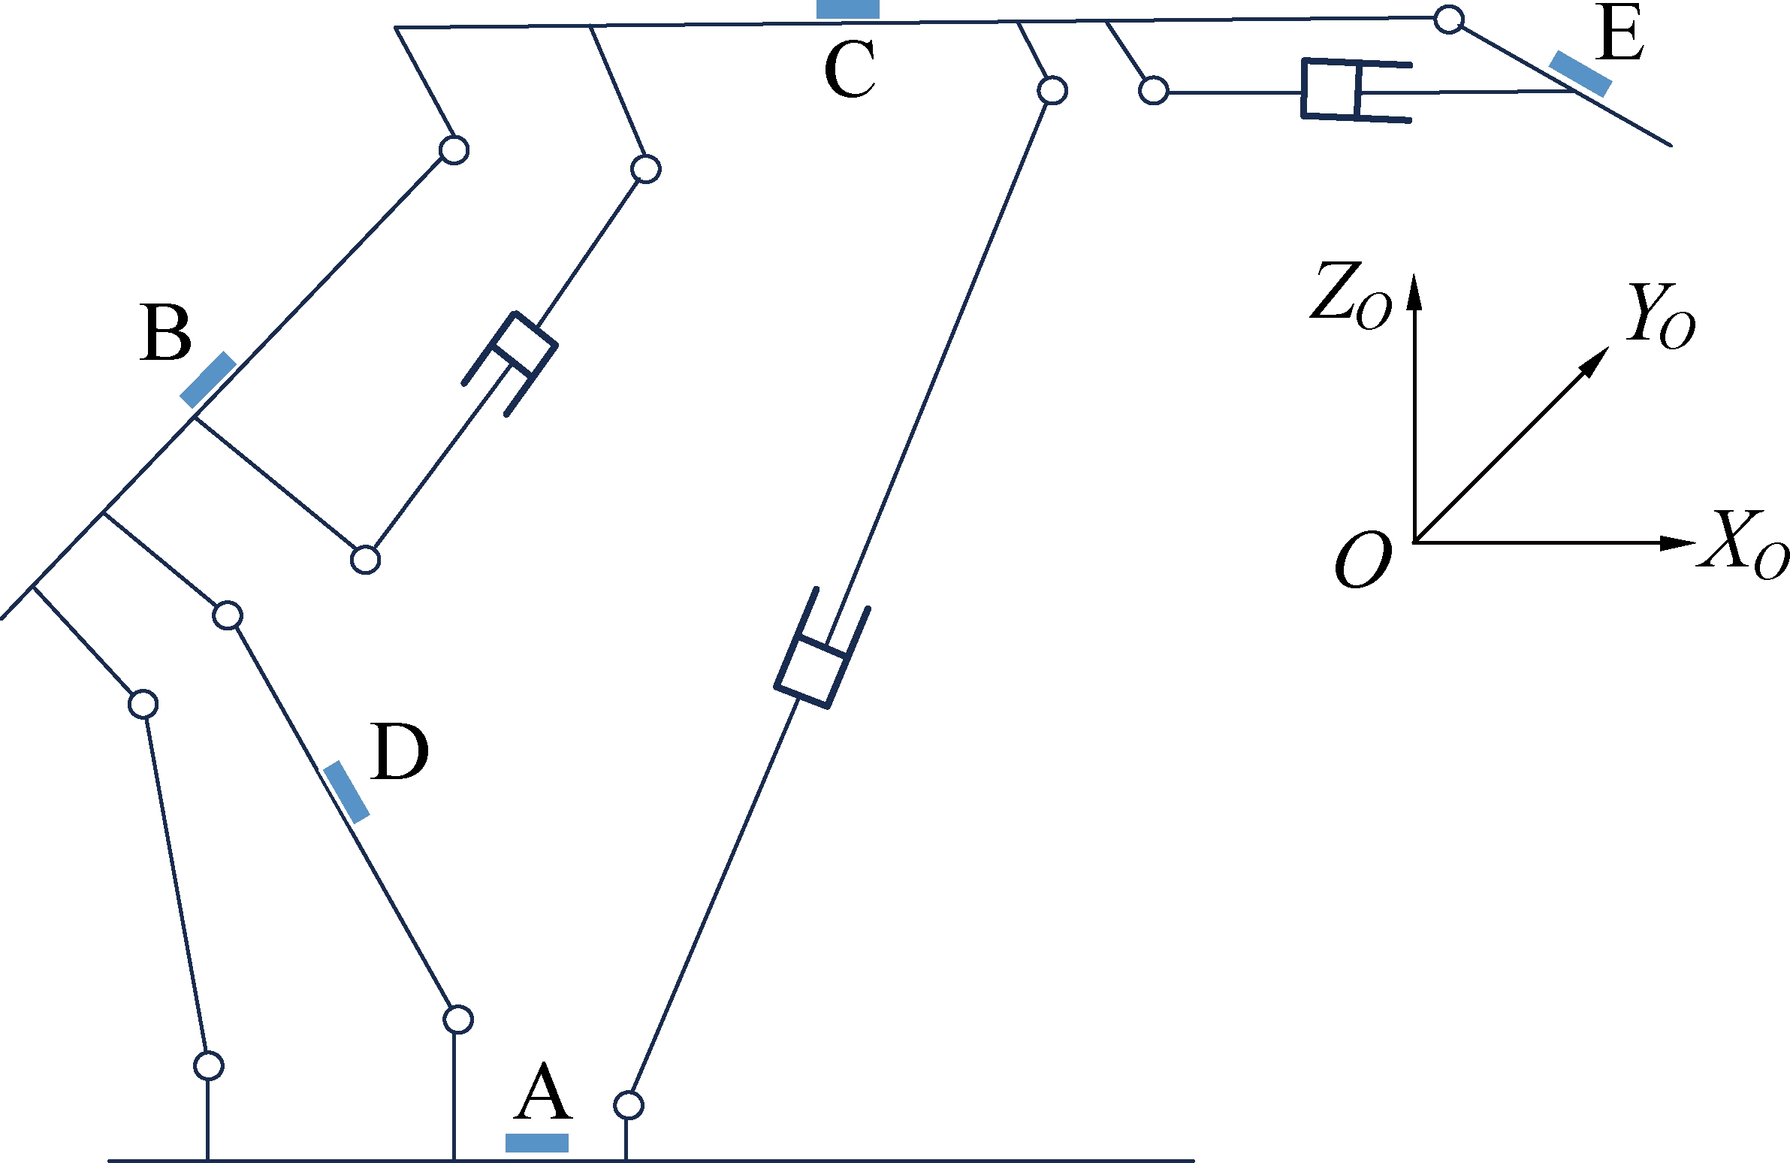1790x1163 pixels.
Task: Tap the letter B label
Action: [x=165, y=334]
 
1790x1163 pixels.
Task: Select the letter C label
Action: [x=850, y=70]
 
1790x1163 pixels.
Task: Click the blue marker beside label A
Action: [x=536, y=1143]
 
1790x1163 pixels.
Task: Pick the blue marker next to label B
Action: [x=207, y=380]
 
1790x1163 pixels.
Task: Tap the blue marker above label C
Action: [x=847, y=9]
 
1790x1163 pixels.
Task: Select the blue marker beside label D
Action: [x=346, y=792]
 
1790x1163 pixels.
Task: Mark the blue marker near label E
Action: [x=1580, y=74]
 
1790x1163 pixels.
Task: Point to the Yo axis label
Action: [x=1661, y=316]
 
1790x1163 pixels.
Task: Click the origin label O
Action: [x=1362, y=560]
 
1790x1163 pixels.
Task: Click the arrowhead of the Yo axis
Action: [x=1596, y=361]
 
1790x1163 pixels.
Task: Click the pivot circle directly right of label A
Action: [x=629, y=1105]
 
